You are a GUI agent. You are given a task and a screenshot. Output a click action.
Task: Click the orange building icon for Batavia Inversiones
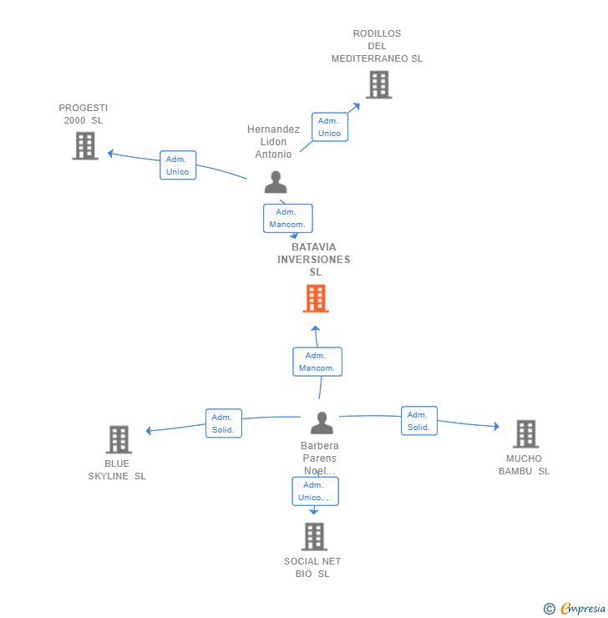316,298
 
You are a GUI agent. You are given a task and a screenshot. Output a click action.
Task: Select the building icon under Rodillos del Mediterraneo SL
379,84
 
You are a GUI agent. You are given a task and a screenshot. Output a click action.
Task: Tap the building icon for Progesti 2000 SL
85,146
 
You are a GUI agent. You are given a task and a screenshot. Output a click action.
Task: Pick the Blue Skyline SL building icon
119,439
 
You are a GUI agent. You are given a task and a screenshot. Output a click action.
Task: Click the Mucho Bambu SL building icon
526,434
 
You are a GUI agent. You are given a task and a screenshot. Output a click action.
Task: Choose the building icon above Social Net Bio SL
315,536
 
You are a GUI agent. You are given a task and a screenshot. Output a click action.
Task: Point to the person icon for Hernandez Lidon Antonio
276,182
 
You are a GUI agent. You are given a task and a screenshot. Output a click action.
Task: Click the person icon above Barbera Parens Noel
322,423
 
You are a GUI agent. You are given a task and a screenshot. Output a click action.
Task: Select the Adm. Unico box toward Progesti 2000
178,165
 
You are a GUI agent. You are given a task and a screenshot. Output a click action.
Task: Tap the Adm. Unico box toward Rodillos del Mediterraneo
330,127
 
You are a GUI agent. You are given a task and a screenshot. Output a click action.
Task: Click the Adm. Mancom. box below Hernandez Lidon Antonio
288,218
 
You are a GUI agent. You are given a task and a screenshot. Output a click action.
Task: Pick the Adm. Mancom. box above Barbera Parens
317,362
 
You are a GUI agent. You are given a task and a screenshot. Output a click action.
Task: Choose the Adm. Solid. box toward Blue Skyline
224,423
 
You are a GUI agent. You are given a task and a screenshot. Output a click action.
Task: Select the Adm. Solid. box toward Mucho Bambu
419,421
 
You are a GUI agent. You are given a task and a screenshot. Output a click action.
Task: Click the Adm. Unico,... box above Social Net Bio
315,491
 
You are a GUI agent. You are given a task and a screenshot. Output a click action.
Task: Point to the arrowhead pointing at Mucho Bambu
496,426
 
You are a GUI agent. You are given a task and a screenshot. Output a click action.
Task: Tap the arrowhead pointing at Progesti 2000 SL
111,154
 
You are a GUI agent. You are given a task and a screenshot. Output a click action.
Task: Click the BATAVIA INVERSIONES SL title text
314,260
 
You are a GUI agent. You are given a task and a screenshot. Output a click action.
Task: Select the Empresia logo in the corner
575,608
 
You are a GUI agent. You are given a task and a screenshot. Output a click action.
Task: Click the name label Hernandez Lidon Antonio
273,141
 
